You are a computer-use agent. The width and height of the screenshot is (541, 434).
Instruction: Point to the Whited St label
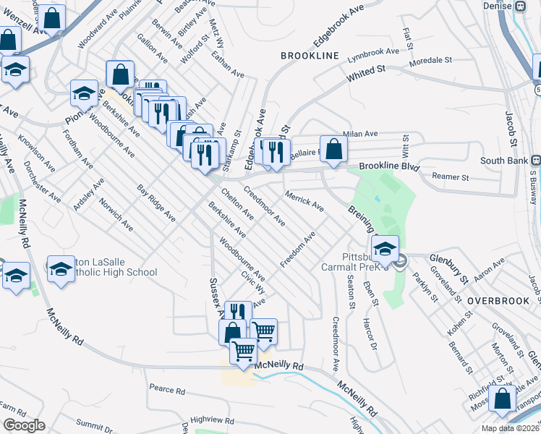(365, 72)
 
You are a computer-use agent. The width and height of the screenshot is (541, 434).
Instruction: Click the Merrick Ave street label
(304, 201)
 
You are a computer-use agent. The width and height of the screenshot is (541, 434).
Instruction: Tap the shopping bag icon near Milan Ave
(333, 150)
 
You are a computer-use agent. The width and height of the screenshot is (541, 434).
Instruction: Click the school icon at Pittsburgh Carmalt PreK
(385, 249)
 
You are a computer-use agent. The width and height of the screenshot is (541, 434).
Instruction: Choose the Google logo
(24, 425)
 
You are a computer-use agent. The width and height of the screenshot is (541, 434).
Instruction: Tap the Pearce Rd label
(167, 389)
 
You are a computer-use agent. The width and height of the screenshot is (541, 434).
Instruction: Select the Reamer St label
(450, 176)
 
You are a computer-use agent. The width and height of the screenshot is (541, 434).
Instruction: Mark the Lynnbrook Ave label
(373, 53)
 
